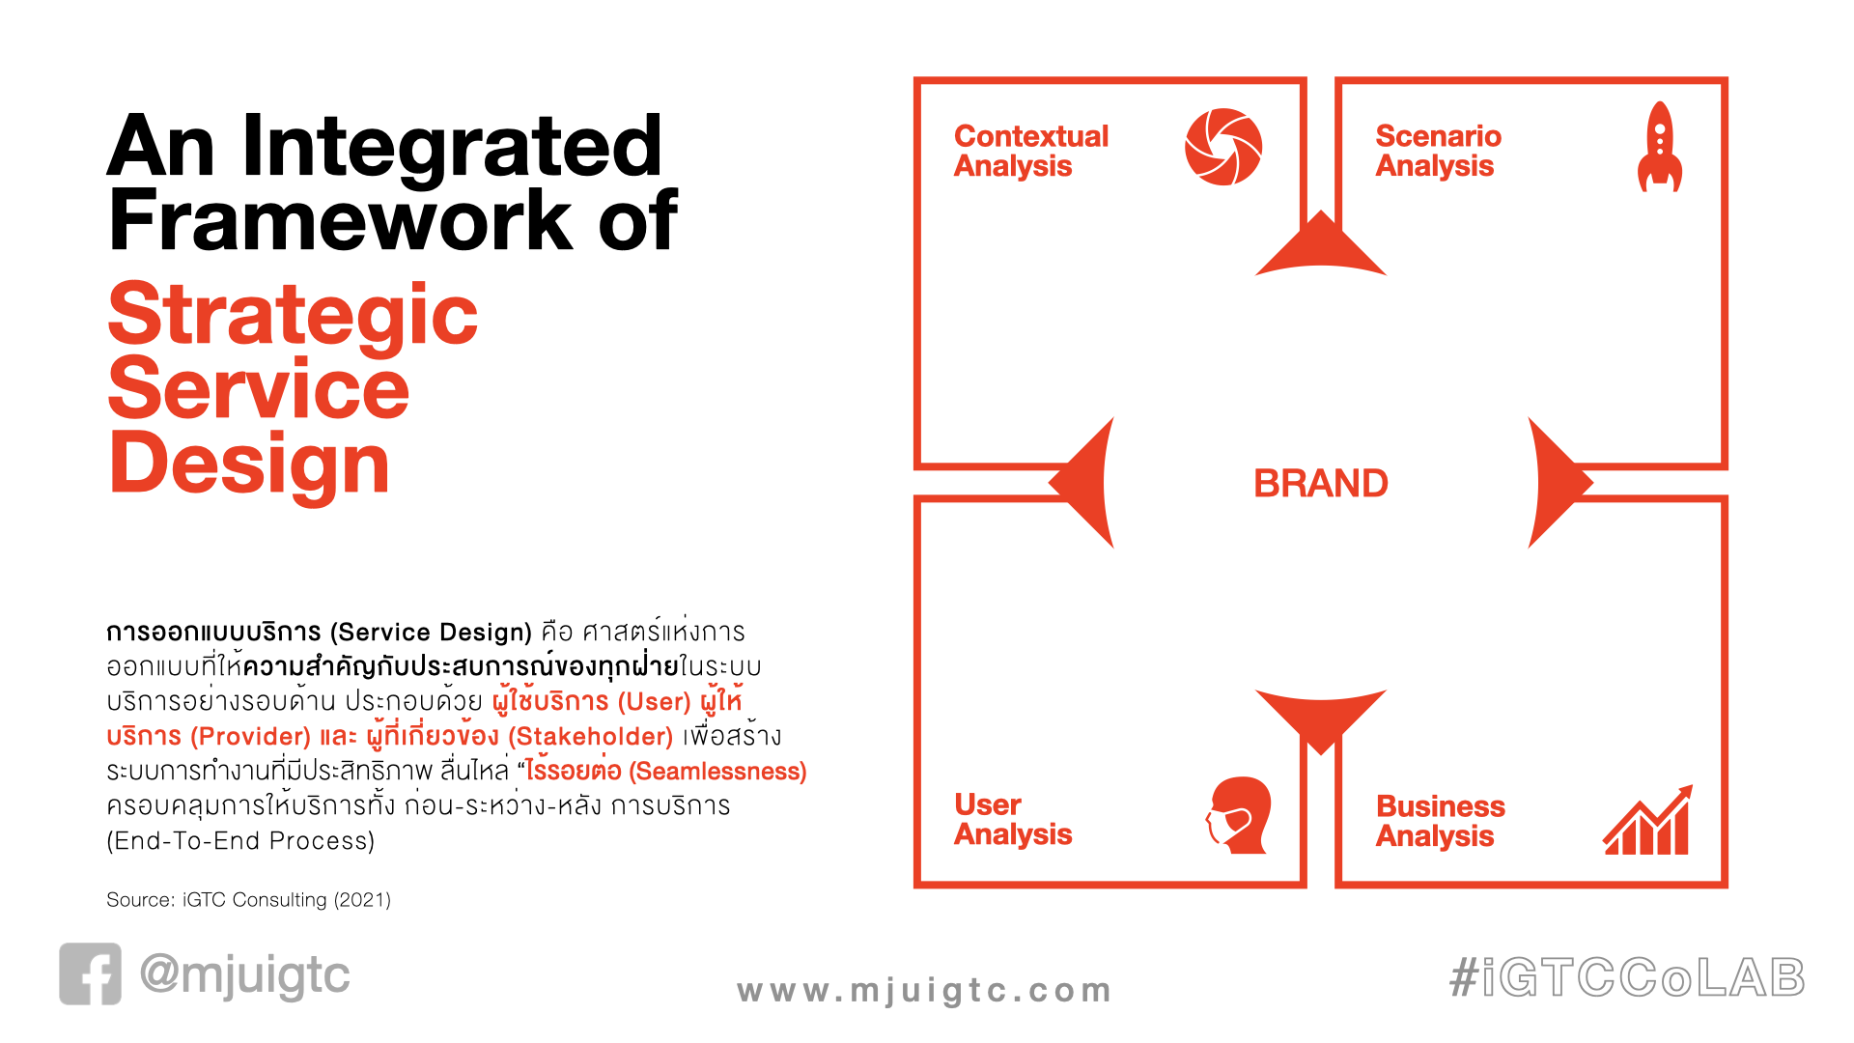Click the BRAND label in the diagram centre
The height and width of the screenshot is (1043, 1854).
pos(1320,483)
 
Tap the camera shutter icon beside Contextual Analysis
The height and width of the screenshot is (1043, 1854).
pos(1223,147)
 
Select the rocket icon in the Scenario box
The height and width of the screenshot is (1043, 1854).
pos(1659,147)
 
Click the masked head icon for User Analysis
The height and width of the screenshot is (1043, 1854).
pos(1239,814)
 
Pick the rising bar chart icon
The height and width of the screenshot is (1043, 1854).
pos(1647,820)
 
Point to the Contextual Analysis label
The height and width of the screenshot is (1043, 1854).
pos(1031,151)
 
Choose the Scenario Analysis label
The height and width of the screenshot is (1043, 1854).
pos(1438,151)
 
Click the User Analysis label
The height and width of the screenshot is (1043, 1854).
pos(1013,819)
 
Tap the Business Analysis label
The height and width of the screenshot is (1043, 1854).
pos(1440,821)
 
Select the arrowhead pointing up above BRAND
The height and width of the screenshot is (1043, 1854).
pos(1320,245)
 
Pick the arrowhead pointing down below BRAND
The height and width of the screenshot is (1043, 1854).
pos(1320,719)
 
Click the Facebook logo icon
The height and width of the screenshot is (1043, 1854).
pos(91,973)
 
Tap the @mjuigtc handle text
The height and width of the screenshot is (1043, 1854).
pos(244,975)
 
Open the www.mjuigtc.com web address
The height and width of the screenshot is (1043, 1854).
pos(924,991)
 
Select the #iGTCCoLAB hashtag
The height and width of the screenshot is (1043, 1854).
pos(1627,977)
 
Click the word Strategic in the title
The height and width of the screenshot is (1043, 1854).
pos(293,317)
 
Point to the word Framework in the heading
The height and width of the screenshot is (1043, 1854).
pos(341,220)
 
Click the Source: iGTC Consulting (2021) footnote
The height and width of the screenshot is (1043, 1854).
pos(248,900)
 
